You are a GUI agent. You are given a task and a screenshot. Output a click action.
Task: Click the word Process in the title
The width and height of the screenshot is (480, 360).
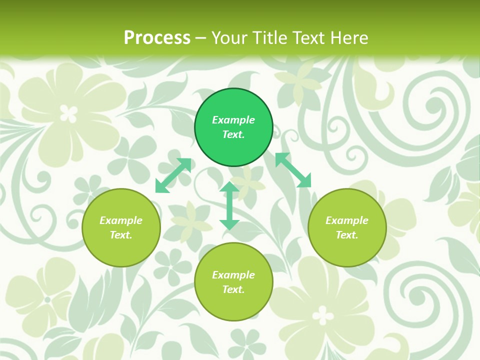click(x=157, y=38)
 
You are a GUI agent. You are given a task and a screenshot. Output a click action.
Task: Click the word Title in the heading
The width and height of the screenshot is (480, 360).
click(x=266, y=38)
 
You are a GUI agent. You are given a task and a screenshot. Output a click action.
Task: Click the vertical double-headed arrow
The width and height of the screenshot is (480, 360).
click(x=229, y=205)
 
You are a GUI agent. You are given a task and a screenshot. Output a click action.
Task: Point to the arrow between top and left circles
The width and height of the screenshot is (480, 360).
click(x=173, y=175)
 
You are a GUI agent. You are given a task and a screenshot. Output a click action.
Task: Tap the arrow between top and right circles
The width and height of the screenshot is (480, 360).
click(x=293, y=170)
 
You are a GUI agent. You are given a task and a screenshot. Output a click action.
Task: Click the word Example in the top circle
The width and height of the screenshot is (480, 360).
click(x=233, y=120)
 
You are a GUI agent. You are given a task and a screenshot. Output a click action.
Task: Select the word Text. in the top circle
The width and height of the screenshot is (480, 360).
click(x=233, y=134)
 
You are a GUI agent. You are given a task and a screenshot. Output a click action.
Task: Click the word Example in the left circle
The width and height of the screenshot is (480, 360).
click(x=121, y=220)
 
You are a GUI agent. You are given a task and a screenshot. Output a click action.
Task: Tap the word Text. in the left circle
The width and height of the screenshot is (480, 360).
click(x=121, y=235)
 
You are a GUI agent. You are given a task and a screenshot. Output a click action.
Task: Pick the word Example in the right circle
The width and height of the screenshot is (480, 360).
click(x=347, y=220)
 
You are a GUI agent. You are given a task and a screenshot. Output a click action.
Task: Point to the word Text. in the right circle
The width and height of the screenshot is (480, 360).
click(x=347, y=235)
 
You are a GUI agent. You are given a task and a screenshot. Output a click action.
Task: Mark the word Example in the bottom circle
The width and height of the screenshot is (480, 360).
click(x=233, y=275)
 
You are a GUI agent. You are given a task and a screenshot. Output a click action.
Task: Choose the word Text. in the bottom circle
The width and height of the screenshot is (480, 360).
click(x=233, y=289)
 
